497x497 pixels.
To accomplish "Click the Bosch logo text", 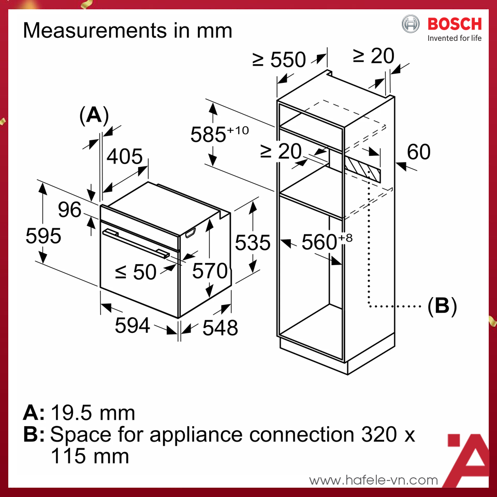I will click(454, 24).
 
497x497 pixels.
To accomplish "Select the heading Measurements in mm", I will click(127, 31).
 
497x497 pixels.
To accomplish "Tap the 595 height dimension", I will click(44, 236).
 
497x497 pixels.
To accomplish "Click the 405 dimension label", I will click(124, 156).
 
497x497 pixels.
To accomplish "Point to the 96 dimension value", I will click(69, 210).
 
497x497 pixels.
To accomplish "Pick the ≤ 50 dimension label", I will click(135, 272).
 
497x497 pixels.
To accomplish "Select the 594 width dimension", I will click(132, 326).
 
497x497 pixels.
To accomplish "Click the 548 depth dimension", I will click(220, 327).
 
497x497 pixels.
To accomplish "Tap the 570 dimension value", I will click(210, 270).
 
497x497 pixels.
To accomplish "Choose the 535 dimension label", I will click(253, 242).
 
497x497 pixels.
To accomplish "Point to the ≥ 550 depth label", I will click(279, 60).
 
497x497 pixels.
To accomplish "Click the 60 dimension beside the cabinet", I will click(418, 152).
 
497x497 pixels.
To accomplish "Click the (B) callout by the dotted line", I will click(442, 306).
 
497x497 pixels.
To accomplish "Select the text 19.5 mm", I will click(93, 413).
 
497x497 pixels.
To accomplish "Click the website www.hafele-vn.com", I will click(373, 480).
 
